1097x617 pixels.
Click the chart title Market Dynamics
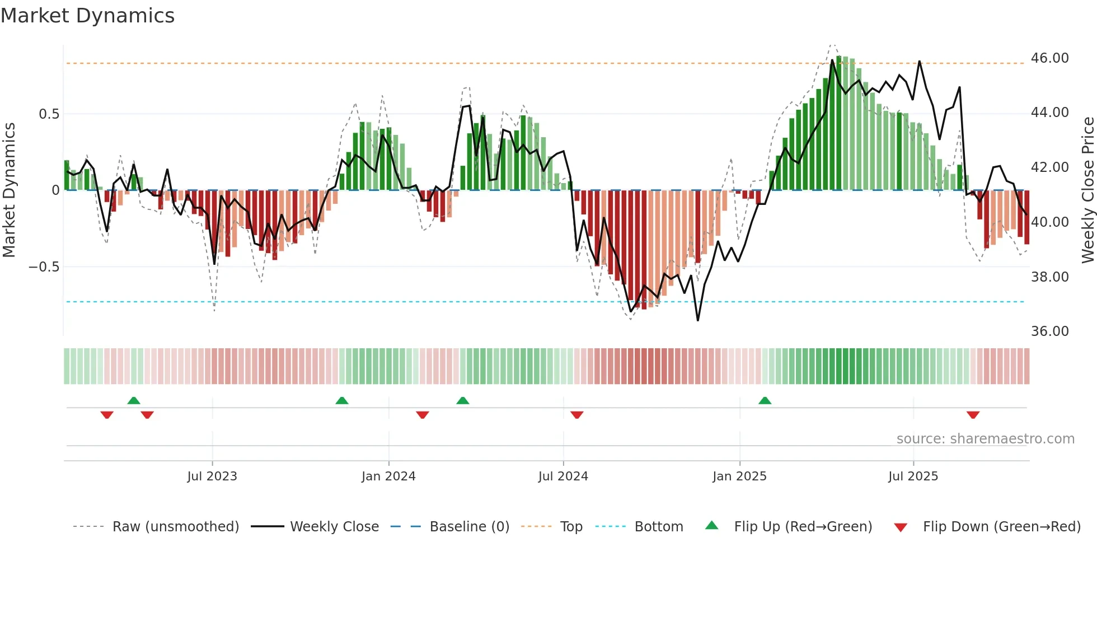click(x=87, y=16)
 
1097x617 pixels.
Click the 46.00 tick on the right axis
click(x=1049, y=58)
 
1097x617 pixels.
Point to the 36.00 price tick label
click(x=1049, y=331)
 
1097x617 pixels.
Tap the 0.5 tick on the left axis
click(x=49, y=114)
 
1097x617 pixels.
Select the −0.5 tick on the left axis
click(x=44, y=267)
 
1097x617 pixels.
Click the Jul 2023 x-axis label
click(x=212, y=476)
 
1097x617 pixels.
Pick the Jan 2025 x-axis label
click(x=739, y=476)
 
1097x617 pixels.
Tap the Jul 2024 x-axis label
click(x=563, y=476)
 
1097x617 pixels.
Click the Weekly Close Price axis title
click(x=1087, y=190)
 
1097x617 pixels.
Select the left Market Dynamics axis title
click(x=9, y=190)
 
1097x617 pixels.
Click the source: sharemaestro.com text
click(x=985, y=439)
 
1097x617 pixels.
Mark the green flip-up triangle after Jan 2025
click(x=765, y=401)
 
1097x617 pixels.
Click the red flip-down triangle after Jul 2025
click(x=973, y=415)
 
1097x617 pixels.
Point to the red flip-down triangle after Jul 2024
click(x=577, y=415)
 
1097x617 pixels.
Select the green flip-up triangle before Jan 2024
click(x=341, y=401)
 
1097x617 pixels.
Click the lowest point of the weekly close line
click(x=697, y=320)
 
